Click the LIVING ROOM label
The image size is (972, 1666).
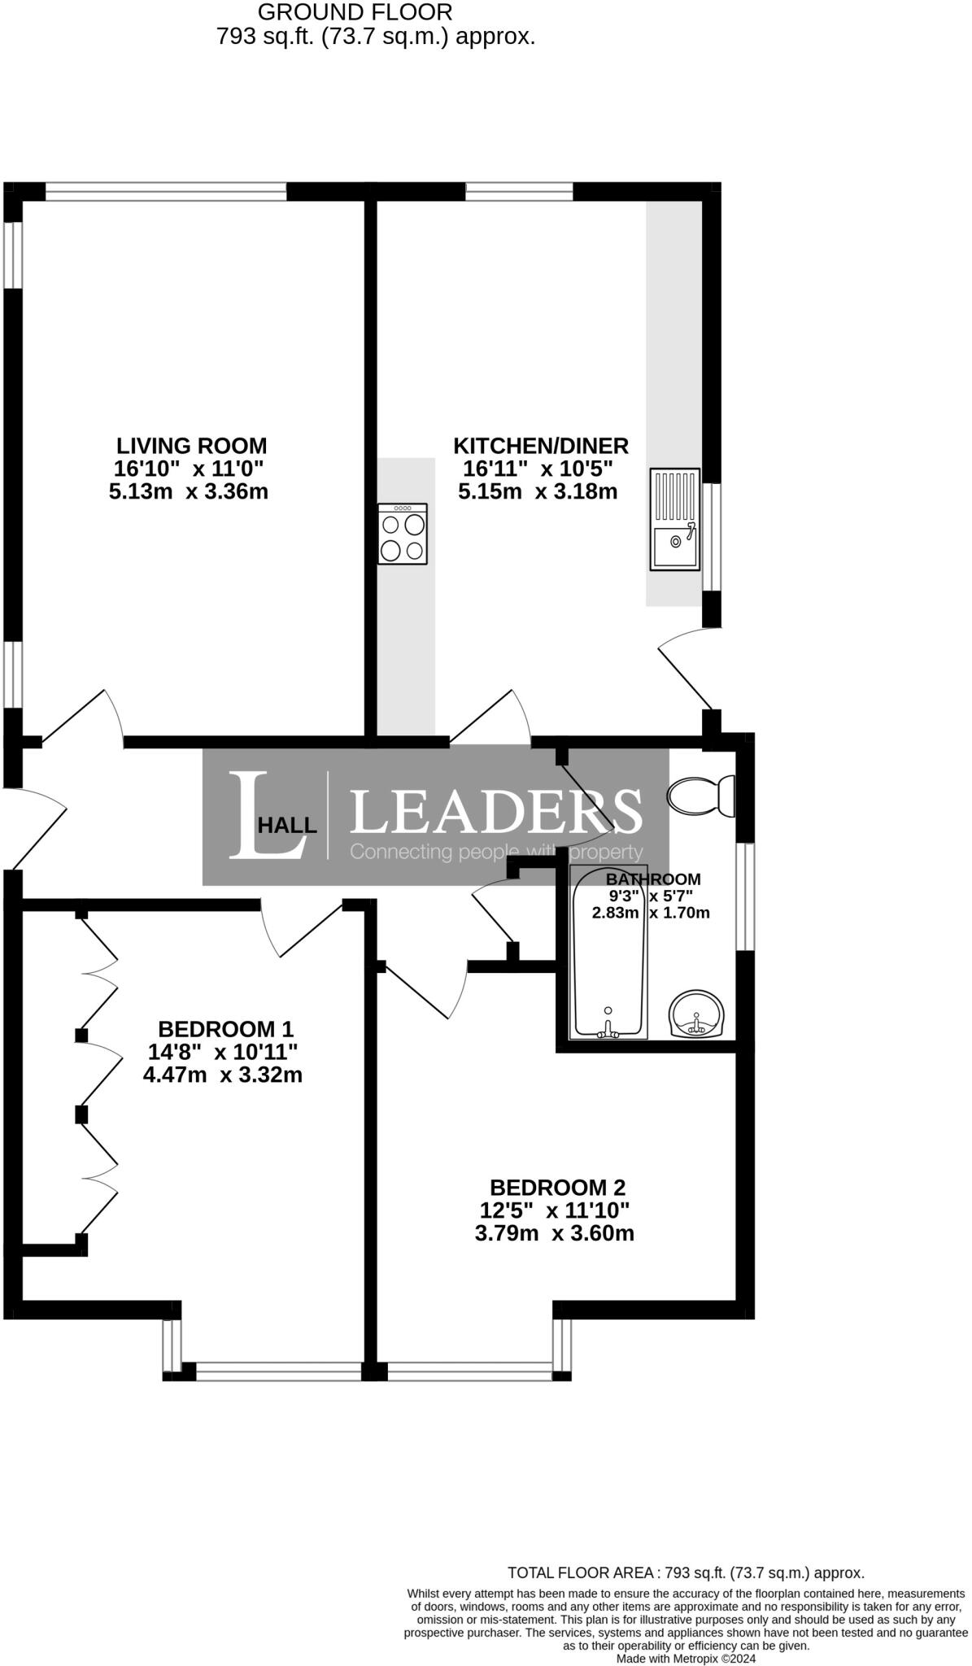tap(192, 446)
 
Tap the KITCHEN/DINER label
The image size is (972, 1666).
tap(541, 446)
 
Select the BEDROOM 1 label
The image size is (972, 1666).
tap(225, 1028)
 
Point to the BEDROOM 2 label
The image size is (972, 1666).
tap(558, 1187)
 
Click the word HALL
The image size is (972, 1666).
tap(287, 826)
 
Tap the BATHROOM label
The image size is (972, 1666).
tap(653, 879)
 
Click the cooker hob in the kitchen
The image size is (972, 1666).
tap(403, 534)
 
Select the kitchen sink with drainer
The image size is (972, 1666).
tap(675, 519)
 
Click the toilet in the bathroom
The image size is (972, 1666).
tap(701, 796)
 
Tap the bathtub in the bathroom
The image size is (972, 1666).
tap(609, 953)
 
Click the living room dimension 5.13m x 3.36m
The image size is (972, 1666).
tap(189, 491)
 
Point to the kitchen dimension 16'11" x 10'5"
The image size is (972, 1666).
tap(538, 469)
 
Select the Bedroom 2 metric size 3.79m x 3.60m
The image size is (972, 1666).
tap(555, 1233)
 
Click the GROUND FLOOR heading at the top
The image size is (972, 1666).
tap(355, 12)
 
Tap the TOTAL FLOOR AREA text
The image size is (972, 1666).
tap(686, 1573)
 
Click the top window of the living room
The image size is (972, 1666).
tap(166, 191)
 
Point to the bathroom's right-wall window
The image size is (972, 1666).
tap(745, 896)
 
